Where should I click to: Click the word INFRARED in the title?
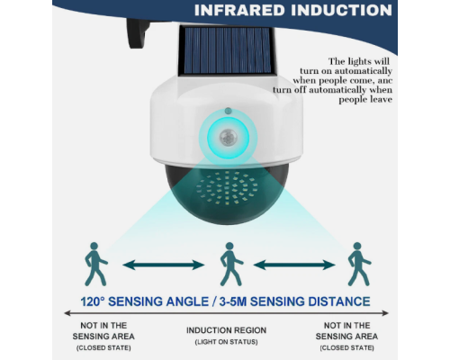[x=239, y=10]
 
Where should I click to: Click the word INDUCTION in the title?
[x=341, y=10]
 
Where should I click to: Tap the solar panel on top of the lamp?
[x=227, y=51]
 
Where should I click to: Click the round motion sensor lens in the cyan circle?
[x=228, y=138]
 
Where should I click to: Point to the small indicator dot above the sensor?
[x=228, y=111]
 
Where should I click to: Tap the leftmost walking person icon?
[x=96, y=264]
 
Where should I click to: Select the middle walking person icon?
[x=231, y=264]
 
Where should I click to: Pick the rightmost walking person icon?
[x=359, y=264]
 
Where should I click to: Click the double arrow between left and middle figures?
[x=164, y=265]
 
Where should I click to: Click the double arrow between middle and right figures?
[x=294, y=265]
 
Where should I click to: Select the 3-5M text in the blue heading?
[x=233, y=301]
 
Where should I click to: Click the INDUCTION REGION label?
[x=227, y=330]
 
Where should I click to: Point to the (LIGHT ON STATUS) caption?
[x=227, y=342]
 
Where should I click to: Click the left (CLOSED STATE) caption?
[x=103, y=348]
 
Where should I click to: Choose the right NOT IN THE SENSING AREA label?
[x=346, y=331]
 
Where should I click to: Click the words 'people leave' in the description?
[x=365, y=100]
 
